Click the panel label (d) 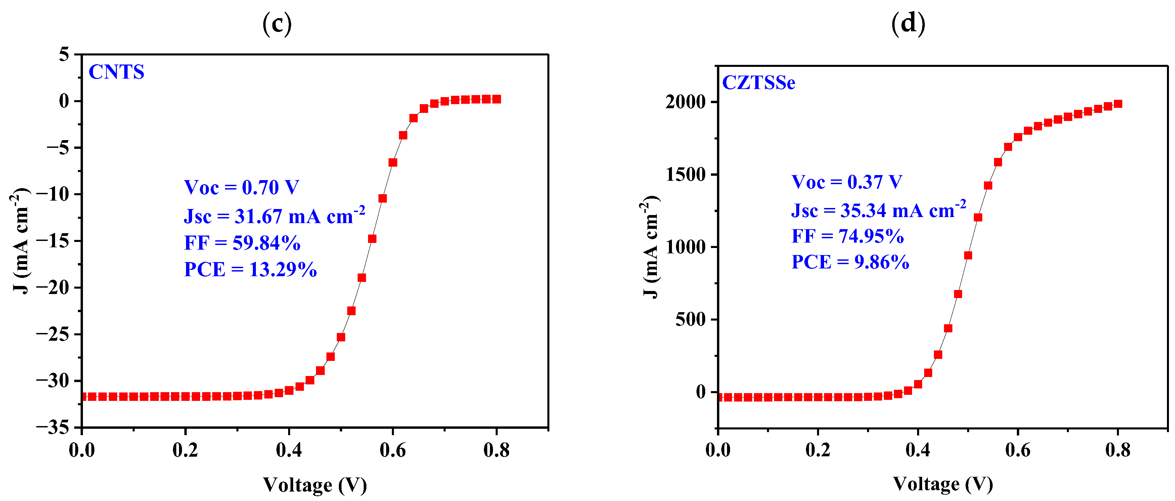tap(908, 23)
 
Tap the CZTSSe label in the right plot tap(759, 83)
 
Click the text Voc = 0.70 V tap(241, 187)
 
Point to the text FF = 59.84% tap(242, 243)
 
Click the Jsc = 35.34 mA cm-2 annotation tap(878, 210)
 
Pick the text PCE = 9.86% tap(850, 262)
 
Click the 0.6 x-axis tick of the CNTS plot tap(392, 450)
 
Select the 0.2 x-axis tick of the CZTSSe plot tap(818, 450)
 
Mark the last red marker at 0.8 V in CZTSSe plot tap(1118, 104)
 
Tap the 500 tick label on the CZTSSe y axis tap(690, 320)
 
